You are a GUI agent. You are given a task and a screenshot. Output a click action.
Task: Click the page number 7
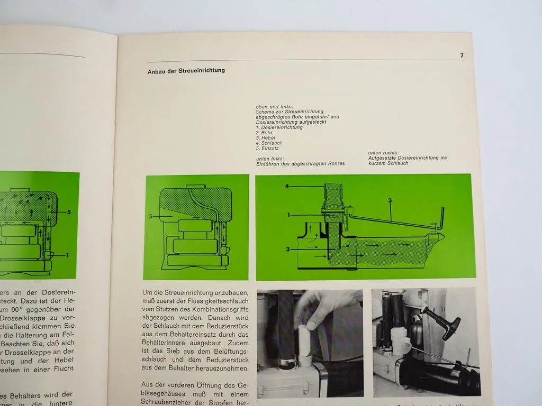pyautogui.click(x=462, y=55)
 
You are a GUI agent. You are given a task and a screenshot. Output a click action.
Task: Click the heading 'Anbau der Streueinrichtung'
pyautogui.click(x=186, y=70)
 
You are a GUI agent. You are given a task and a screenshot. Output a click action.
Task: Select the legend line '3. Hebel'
pyautogui.click(x=265, y=137)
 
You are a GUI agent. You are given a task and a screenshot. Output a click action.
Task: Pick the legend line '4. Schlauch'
pyautogui.click(x=269, y=143)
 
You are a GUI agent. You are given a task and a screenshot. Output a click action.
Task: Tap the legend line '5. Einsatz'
pyautogui.click(x=268, y=149)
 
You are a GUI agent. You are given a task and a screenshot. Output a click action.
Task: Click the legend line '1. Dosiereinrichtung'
pyautogui.click(x=279, y=127)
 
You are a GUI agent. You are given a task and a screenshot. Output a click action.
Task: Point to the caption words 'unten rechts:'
pyautogui.click(x=382, y=153)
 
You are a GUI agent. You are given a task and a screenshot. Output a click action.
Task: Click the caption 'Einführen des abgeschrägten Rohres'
pyautogui.click(x=300, y=163)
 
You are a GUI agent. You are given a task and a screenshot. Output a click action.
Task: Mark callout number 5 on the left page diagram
pyautogui.click(x=69, y=212)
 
